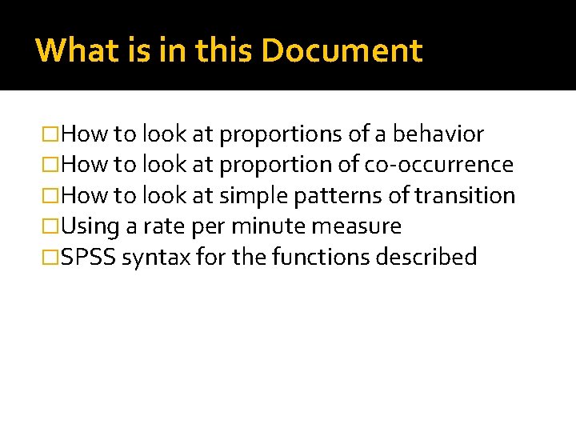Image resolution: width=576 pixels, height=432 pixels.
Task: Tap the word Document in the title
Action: click(342, 50)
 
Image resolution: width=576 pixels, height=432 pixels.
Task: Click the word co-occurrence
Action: click(439, 165)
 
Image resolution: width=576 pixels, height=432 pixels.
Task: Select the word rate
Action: click(166, 226)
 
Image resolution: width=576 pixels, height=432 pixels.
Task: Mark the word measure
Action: click(357, 226)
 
